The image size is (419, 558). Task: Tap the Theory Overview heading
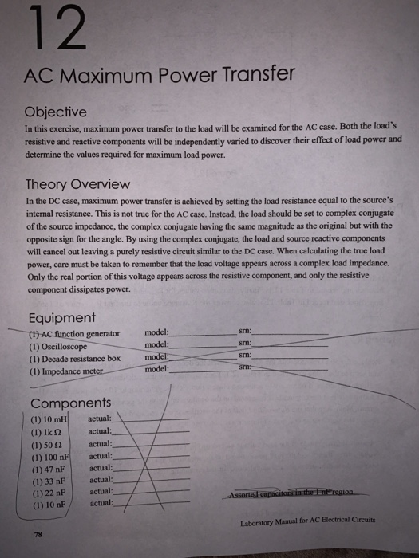(x=78, y=183)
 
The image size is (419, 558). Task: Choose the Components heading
(x=71, y=403)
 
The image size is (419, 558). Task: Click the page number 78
(x=38, y=535)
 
